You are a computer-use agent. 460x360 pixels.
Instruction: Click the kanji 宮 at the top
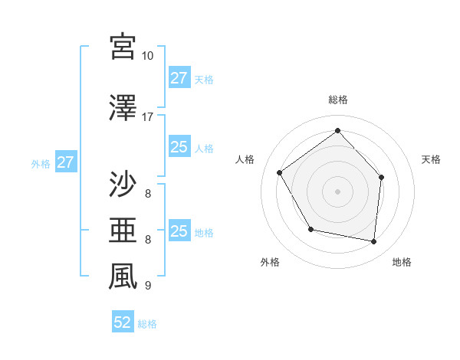(123, 47)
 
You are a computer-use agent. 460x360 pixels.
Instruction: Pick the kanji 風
(123, 277)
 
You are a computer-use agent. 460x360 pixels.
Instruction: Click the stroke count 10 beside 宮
(147, 56)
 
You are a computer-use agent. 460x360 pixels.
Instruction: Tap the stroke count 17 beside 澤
(147, 117)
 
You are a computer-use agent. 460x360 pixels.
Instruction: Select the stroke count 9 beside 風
(147, 286)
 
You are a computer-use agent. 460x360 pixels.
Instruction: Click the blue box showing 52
(123, 322)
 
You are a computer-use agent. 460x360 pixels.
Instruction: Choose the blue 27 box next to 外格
(65, 162)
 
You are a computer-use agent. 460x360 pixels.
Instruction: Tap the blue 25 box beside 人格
(179, 148)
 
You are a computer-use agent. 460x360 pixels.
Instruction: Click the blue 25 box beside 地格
(179, 231)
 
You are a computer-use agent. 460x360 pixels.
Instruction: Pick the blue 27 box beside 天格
(179, 78)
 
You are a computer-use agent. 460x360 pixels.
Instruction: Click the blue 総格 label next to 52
(147, 324)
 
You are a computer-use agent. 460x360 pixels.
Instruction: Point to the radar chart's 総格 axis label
(338, 100)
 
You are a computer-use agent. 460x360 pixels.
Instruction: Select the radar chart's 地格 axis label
(402, 263)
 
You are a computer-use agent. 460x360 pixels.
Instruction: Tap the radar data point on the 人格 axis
(280, 172)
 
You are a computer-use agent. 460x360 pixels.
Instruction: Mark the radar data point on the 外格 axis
(310, 229)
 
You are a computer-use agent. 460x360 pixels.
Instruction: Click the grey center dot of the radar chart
(338, 191)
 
